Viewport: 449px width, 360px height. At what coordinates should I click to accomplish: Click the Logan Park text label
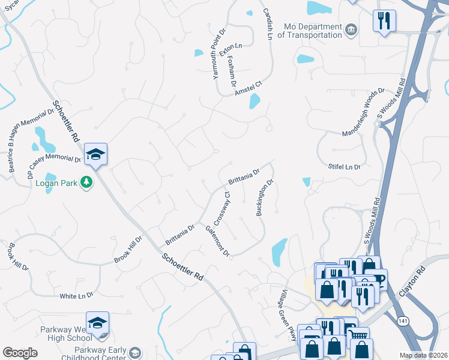56,182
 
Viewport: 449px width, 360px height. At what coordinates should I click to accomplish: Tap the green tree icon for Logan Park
87,182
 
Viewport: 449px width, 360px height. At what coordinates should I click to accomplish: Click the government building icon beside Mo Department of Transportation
352,28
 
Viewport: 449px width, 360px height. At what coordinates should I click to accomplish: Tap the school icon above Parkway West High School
97,323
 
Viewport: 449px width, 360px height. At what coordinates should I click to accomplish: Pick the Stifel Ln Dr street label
345,167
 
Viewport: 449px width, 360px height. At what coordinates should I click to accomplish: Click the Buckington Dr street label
265,197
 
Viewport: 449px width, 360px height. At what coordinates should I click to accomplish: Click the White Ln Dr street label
76,296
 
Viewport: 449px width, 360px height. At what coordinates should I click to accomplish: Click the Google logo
20,353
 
